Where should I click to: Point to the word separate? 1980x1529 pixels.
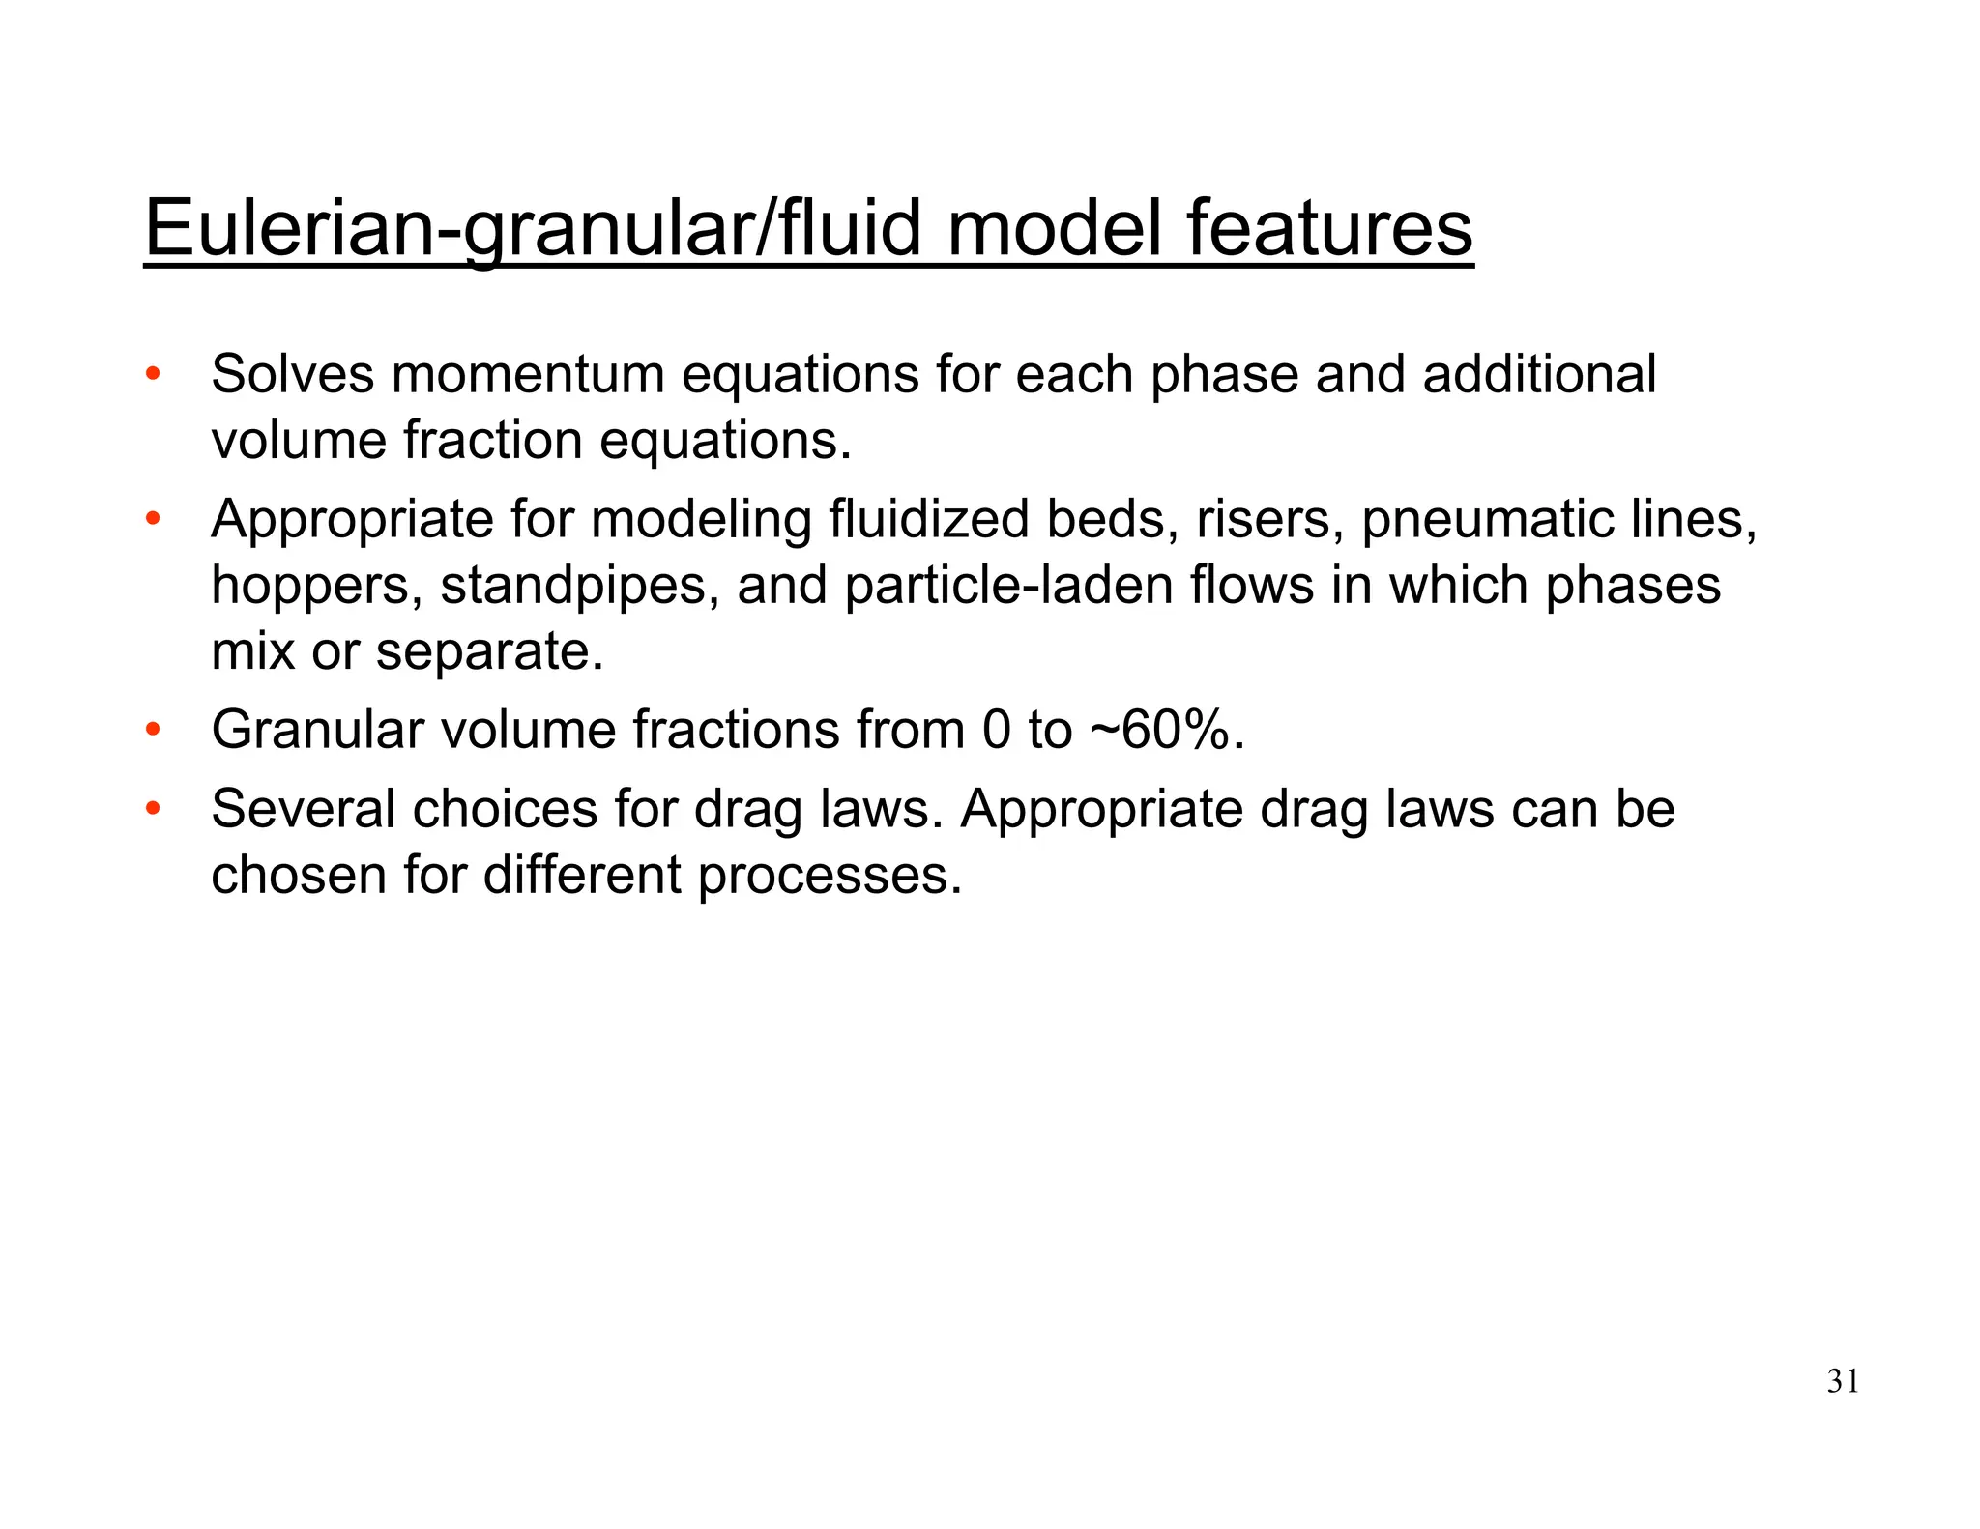point(489,652)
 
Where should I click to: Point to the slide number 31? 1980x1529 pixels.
point(1843,1382)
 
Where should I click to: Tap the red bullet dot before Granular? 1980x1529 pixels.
point(152,730)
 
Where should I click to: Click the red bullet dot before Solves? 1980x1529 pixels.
point(152,374)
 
